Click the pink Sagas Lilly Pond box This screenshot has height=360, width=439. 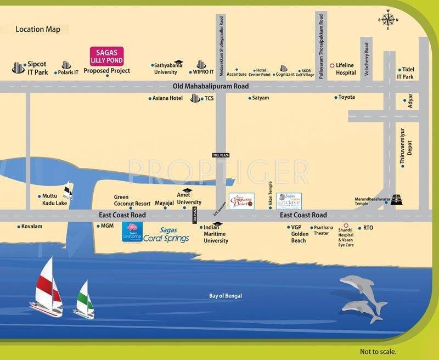click(106, 55)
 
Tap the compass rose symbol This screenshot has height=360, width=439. click(387, 20)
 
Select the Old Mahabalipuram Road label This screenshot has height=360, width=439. click(210, 86)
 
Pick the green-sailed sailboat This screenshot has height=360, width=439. click(83, 299)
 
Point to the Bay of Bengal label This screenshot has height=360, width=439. click(226, 296)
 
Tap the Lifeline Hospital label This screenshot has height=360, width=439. click(346, 69)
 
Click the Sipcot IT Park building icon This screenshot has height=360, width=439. click(18, 68)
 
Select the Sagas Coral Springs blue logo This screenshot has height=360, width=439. click(132, 232)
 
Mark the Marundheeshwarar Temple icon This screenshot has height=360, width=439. click(396, 200)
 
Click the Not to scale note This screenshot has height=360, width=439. click(378, 352)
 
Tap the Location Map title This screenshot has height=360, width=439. click(38, 30)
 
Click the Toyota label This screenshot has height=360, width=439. click(346, 97)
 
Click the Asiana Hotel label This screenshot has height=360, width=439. click(168, 98)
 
